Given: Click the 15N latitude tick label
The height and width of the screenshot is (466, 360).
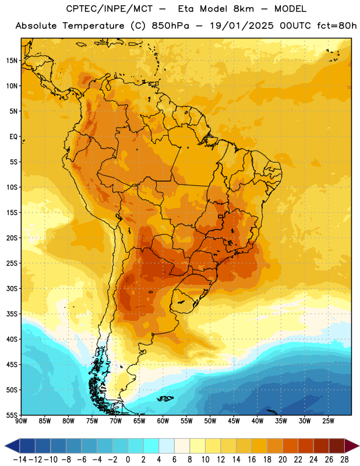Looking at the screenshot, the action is [x=12, y=61].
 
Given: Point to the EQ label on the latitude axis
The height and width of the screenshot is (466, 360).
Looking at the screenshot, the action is [x=13, y=137].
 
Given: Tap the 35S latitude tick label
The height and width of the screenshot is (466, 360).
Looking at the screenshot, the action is [x=12, y=314].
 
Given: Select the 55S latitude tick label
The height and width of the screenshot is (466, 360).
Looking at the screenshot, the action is [x=12, y=415].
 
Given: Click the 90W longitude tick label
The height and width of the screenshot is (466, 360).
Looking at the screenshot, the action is [x=21, y=421].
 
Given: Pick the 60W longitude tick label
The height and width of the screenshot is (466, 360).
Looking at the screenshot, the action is [x=163, y=421].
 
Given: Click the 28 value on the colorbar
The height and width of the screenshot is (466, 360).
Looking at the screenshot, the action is [x=344, y=460].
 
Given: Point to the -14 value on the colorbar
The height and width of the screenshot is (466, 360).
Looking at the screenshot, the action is [x=20, y=460].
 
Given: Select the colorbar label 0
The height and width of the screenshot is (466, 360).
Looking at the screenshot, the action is [x=128, y=460].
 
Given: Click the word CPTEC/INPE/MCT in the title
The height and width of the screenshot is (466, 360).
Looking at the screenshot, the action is [x=110, y=9].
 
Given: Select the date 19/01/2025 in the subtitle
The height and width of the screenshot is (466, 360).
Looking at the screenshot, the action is [x=242, y=26].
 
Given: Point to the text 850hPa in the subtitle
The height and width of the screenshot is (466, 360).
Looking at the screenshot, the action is [x=170, y=26].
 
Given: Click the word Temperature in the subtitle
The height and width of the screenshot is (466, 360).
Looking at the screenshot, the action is [x=94, y=26].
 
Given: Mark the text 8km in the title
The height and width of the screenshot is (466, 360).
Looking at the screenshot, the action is [x=243, y=9].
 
